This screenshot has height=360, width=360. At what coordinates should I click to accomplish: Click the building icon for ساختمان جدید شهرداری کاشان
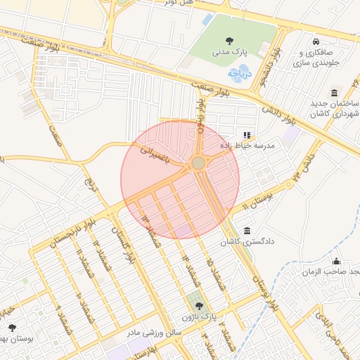click(x=334, y=94)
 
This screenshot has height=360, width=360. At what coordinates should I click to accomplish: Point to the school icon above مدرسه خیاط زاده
click(x=246, y=135)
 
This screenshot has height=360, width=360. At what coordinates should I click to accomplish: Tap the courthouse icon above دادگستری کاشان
click(x=247, y=231)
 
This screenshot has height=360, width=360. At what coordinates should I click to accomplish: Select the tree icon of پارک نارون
click(x=200, y=306)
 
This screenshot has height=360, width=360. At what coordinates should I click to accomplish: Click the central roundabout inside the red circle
click(x=198, y=163)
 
